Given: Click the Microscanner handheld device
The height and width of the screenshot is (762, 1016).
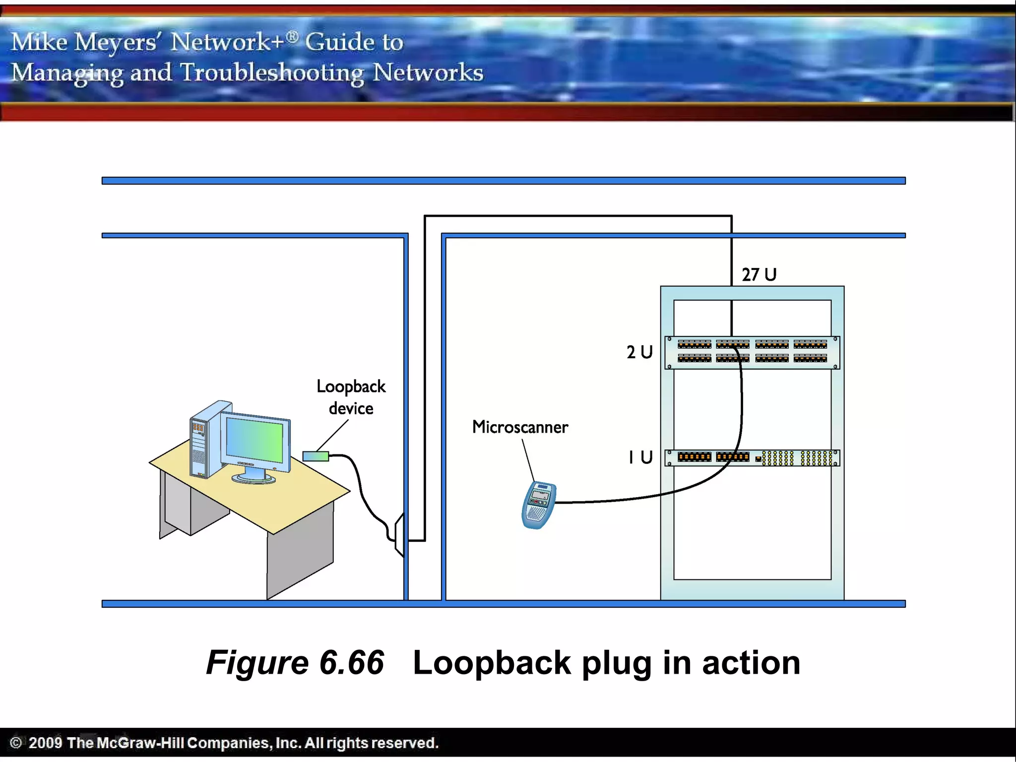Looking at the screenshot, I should pyautogui.click(x=539, y=505).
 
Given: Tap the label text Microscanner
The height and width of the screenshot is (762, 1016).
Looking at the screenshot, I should pyautogui.click(x=520, y=427).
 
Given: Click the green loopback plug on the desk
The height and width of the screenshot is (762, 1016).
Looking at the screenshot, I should pyautogui.click(x=316, y=456).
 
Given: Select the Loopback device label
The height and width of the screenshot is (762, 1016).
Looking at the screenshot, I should pyautogui.click(x=351, y=397).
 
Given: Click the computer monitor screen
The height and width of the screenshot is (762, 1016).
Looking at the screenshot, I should pyautogui.click(x=255, y=439).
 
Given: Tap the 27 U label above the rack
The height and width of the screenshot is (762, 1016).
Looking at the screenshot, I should pyautogui.click(x=759, y=275).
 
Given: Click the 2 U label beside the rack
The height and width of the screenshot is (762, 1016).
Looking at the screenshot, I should pyautogui.click(x=639, y=352).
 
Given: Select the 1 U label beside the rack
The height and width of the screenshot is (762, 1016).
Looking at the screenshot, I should pyautogui.click(x=640, y=457).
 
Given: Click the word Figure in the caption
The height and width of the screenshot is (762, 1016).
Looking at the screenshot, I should pyautogui.click(x=257, y=663).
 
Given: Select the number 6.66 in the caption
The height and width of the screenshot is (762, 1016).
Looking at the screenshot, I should pyautogui.click(x=352, y=663).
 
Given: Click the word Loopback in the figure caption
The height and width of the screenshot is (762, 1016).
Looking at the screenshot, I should pyautogui.click(x=492, y=663).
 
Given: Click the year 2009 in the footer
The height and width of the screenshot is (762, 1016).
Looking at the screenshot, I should pyautogui.click(x=45, y=743).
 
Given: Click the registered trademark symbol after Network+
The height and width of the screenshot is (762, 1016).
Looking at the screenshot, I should pyautogui.click(x=293, y=36).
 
